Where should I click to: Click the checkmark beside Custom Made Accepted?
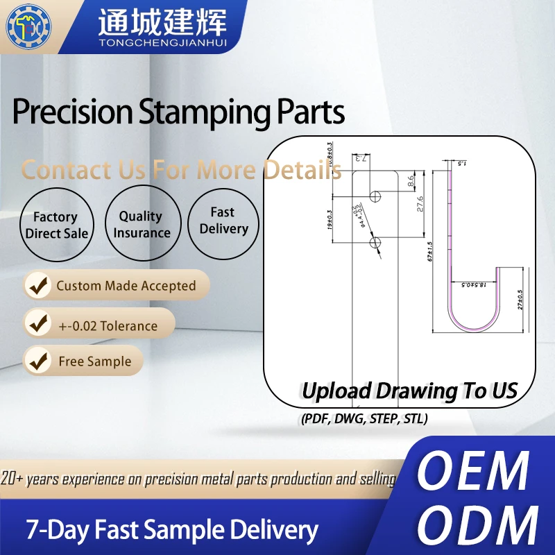(38, 286)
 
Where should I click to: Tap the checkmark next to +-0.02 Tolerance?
(38, 325)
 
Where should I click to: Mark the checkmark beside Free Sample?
(38, 361)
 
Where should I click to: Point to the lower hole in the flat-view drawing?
(376, 241)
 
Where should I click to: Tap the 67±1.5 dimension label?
(429, 251)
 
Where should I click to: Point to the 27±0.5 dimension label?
(520, 299)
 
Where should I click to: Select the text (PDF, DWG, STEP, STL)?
(364, 419)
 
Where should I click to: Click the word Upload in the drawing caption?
(336, 391)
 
